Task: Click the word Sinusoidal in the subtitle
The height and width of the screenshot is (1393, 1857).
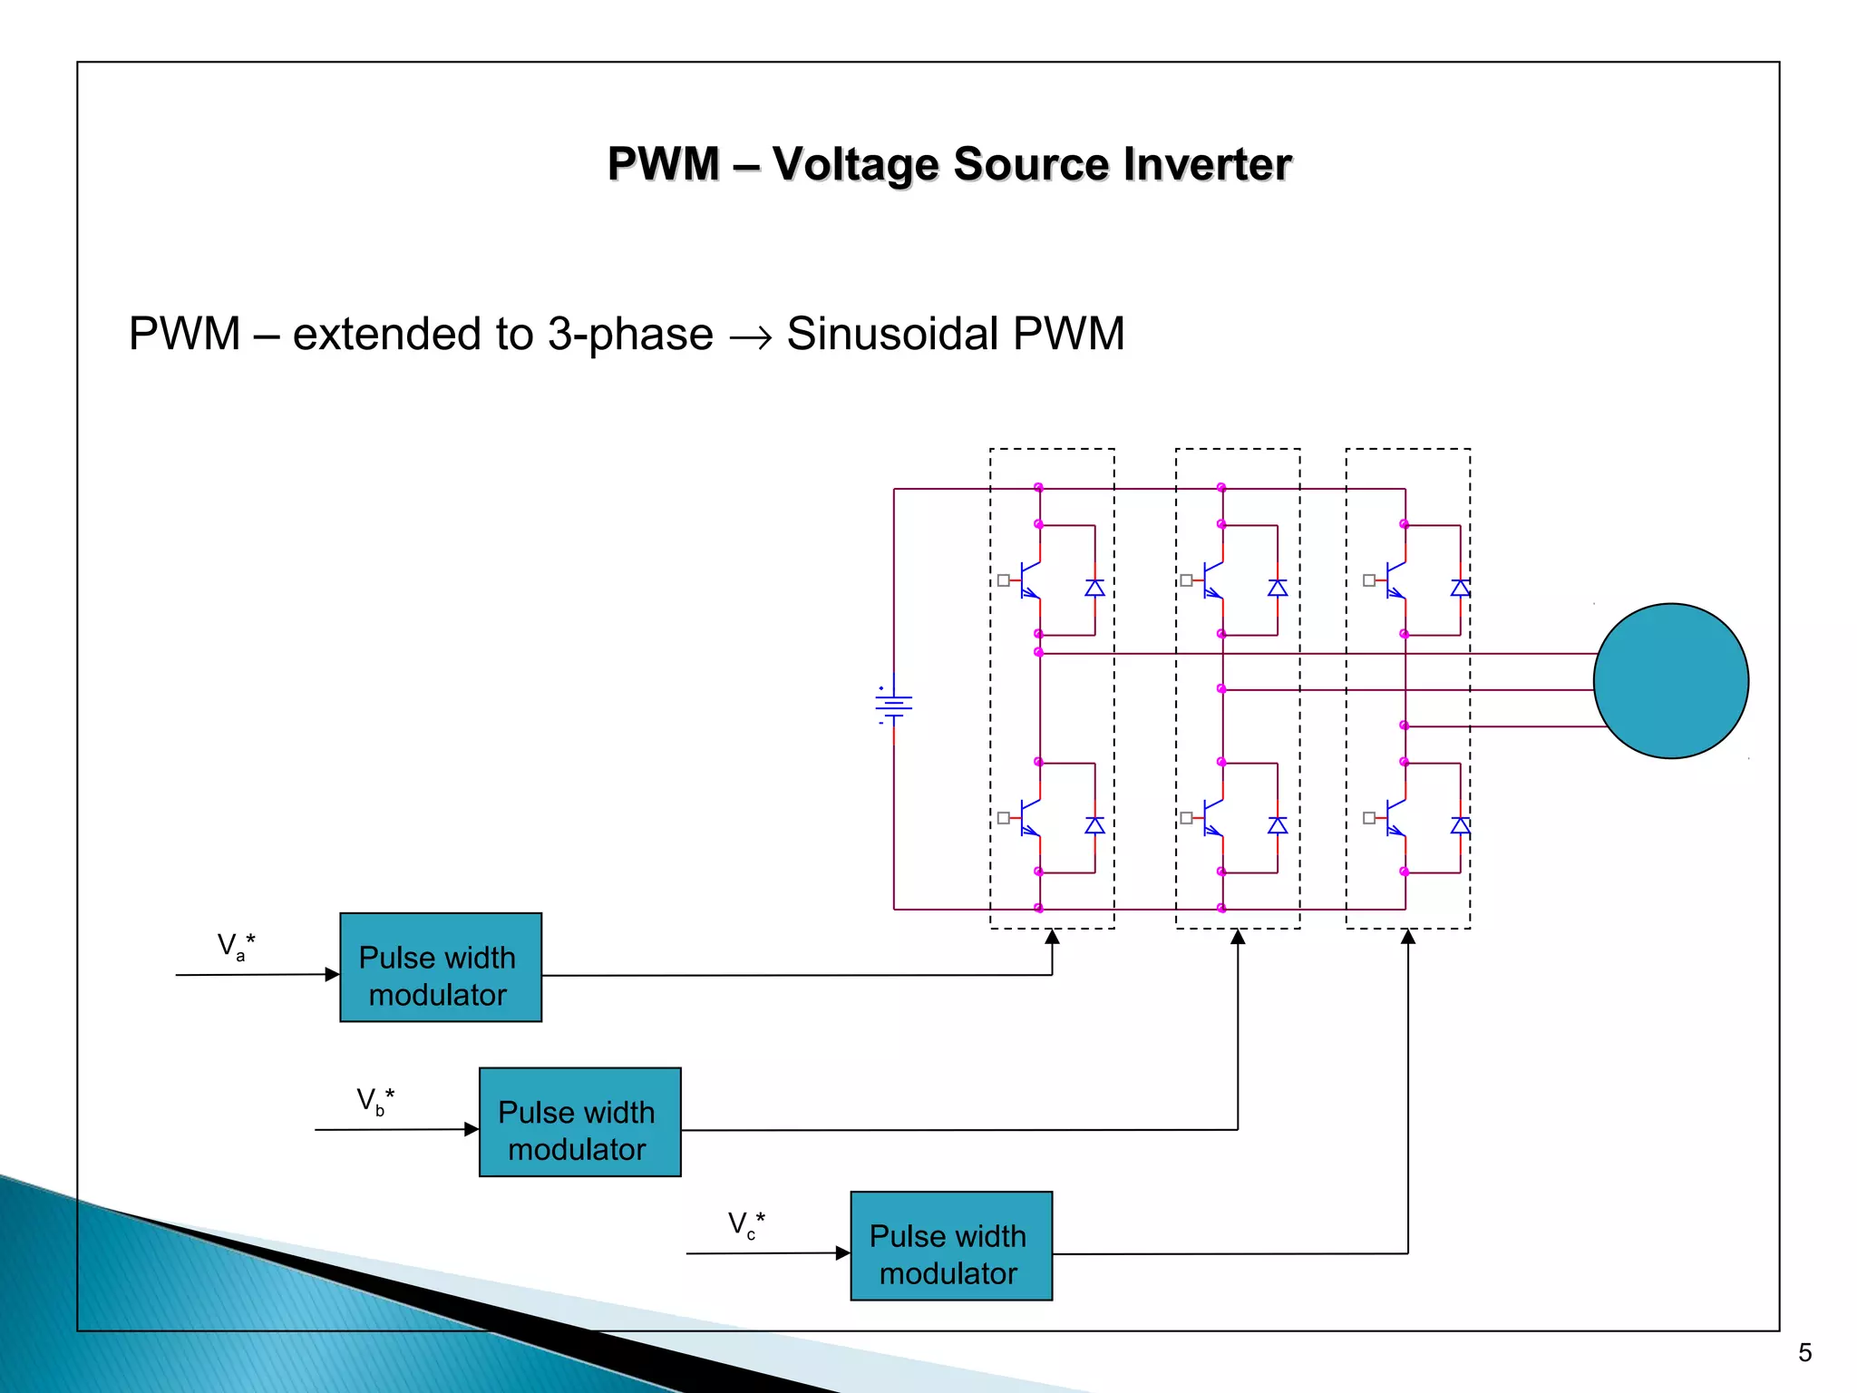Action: coord(892,334)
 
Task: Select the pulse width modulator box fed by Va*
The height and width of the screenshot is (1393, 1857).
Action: coord(441,968)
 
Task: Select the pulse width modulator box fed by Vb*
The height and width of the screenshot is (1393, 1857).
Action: coord(579,1122)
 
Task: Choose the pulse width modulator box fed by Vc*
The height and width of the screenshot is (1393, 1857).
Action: coord(951,1246)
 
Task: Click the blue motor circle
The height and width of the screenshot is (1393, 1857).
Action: coord(1670,681)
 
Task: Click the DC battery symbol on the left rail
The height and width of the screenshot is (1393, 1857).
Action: coord(894,706)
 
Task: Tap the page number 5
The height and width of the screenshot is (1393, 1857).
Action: coord(1804,1353)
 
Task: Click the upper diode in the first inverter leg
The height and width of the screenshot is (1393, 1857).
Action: coord(1094,588)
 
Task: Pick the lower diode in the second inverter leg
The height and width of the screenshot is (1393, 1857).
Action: coord(1278,825)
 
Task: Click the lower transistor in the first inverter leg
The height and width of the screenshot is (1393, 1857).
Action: coord(1030,818)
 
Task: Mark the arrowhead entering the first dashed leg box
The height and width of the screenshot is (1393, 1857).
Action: coord(1052,937)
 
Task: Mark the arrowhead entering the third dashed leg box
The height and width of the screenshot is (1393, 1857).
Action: coord(1408,937)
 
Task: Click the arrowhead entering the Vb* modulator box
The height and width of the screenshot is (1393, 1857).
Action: coord(472,1129)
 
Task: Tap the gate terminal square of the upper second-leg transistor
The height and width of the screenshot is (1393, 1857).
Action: coord(1186,580)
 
